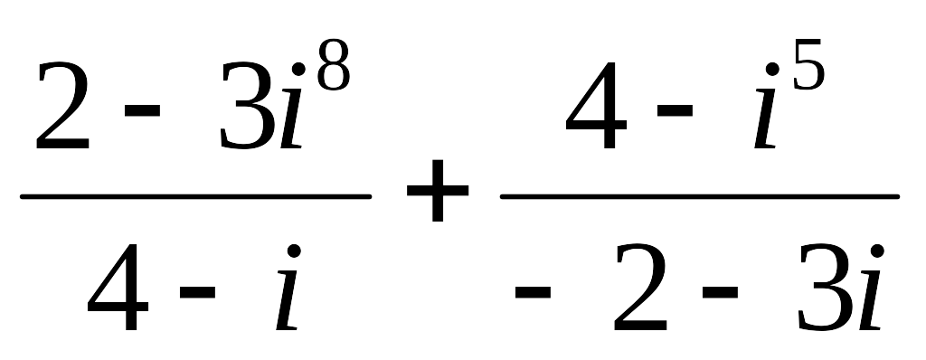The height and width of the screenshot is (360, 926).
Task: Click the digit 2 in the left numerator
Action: (x=62, y=105)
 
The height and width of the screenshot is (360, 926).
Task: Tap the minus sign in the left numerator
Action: (x=142, y=110)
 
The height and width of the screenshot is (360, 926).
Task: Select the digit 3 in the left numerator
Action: (x=246, y=105)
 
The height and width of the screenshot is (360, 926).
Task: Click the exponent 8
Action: (x=334, y=65)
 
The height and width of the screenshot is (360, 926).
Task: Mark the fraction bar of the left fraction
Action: (x=196, y=196)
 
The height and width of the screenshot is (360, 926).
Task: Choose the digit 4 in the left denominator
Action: (x=118, y=287)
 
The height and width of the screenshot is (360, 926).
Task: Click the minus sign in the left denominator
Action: (x=197, y=291)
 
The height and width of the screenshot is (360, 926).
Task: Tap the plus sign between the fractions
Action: (x=438, y=190)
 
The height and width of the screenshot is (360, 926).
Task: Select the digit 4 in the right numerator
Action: (x=596, y=105)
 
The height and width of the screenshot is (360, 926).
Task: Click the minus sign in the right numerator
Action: (x=675, y=110)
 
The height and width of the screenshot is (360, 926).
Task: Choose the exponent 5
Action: (x=808, y=65)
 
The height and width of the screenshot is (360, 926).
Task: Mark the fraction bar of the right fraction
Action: (x=700, y=196)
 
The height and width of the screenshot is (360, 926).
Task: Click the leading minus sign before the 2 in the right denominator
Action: (x=533, y=291)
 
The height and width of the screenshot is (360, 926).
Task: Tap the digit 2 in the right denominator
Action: (x=640, y=287)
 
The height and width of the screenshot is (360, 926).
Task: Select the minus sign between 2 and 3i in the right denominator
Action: (x=720, y=291)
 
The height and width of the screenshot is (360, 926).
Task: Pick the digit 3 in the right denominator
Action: (x=825, y=287)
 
